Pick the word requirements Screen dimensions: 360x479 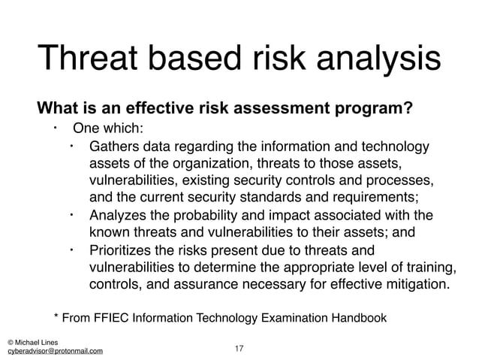tap(375, 198)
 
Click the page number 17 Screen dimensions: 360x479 tap(239, 349)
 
